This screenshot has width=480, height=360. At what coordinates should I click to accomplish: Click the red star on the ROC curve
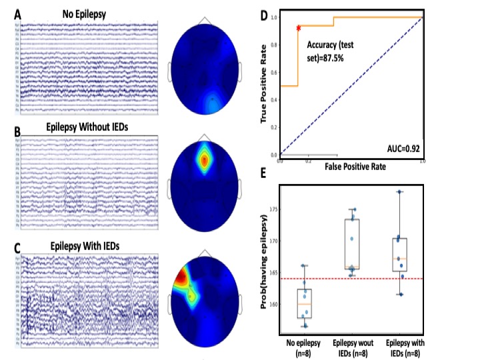299,28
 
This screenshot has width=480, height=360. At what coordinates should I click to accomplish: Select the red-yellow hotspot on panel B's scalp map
205,159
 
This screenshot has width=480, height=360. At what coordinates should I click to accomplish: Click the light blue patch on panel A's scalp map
212,99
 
